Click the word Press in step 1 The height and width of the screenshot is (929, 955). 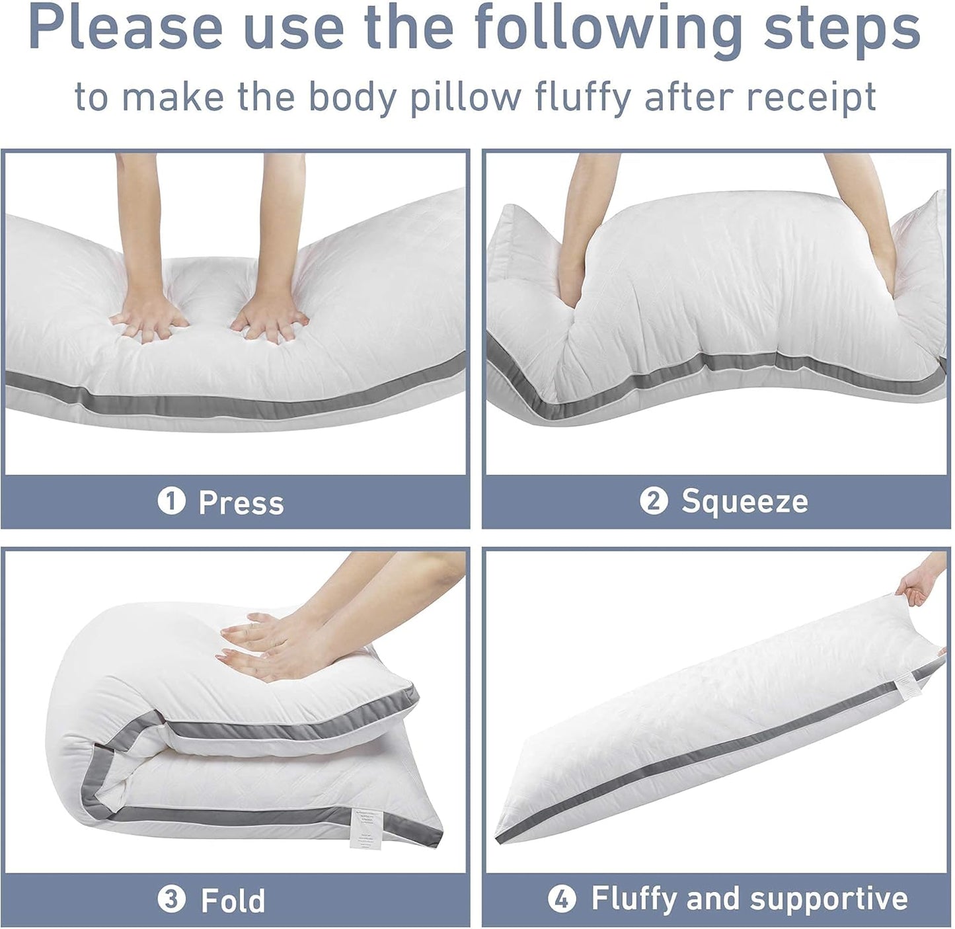241,503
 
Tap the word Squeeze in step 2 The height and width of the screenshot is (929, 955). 744,501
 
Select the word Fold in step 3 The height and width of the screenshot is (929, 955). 233,901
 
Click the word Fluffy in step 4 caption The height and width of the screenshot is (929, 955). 634,899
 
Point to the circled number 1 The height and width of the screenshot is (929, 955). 171,503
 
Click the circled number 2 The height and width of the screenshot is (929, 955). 654,501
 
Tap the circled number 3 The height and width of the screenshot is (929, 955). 171,901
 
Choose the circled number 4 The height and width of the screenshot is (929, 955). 562,899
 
